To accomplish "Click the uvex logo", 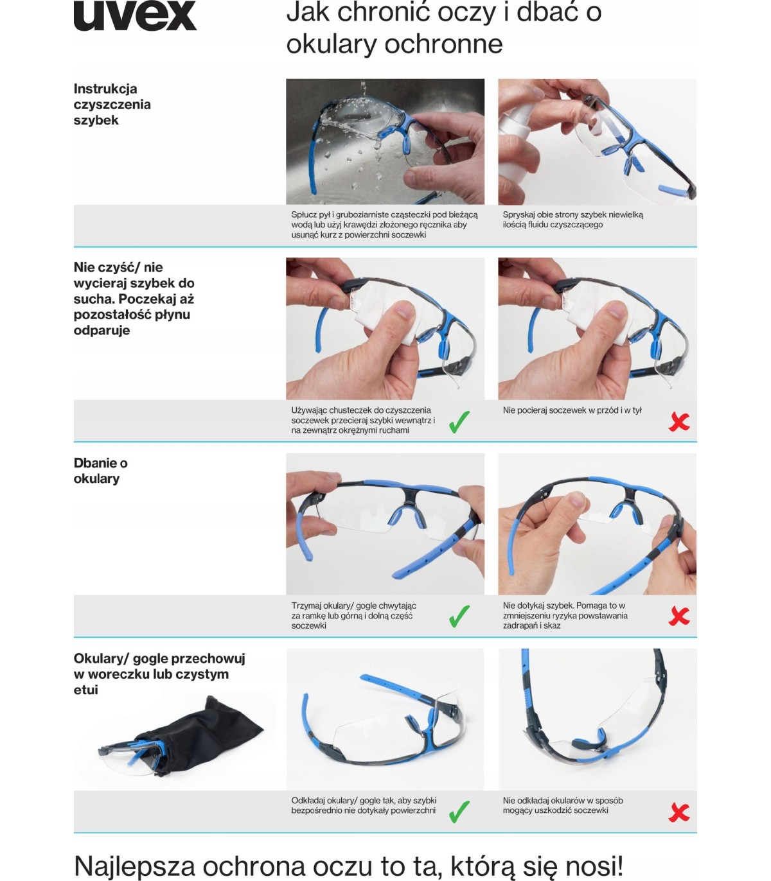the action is tap(135, 15).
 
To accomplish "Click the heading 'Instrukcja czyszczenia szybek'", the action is tap(112, 104).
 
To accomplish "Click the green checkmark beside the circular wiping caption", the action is tap(459, 422).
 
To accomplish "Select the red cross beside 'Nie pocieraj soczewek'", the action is tap(679, 421).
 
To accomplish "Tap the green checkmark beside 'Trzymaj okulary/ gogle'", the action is tap(459, 616).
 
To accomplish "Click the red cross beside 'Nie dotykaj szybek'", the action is tap(679, 616).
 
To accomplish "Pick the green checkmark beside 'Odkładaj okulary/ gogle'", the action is tap(459, 812).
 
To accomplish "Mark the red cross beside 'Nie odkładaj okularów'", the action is tap(679, 813).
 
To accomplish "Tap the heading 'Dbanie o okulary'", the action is tap(100, 471).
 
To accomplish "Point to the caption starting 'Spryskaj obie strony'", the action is tap(573, 220).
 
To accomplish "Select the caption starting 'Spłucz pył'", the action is tap(384, 225).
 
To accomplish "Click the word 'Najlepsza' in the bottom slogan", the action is tap(134, 866).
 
